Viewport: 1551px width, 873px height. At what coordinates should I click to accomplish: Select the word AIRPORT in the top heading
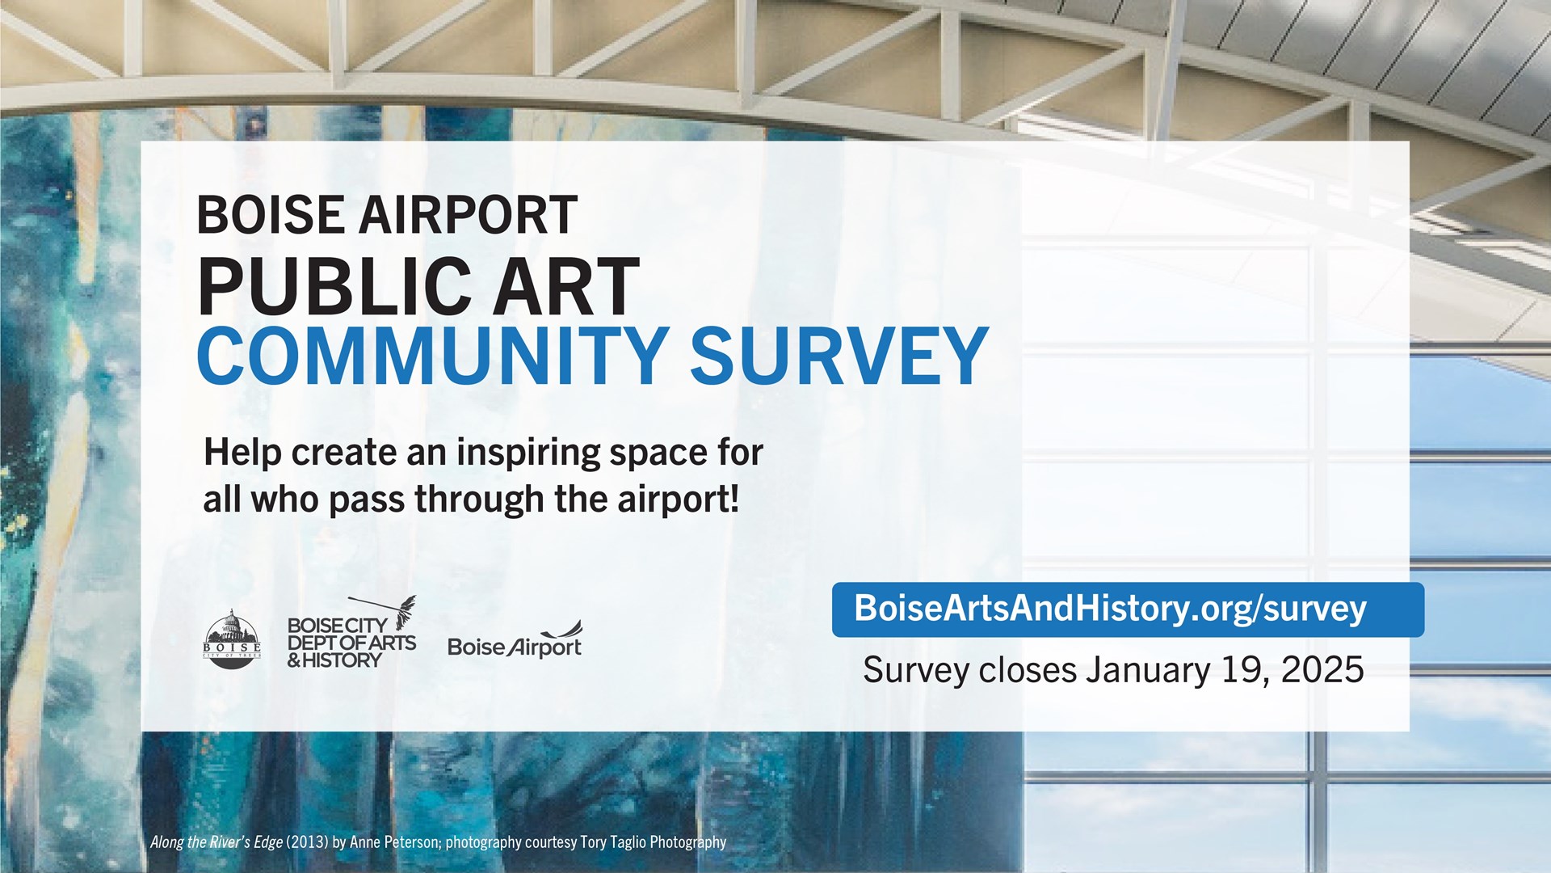469,215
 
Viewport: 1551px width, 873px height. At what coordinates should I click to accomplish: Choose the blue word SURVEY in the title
839,356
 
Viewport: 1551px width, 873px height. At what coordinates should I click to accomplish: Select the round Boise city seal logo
232,639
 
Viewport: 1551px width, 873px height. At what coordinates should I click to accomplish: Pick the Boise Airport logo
515,639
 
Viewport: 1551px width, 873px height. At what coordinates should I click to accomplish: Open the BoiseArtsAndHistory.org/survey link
1110,609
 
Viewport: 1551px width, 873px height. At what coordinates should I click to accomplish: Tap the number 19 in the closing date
1245,671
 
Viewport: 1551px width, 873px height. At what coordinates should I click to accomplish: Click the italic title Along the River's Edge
216,842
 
